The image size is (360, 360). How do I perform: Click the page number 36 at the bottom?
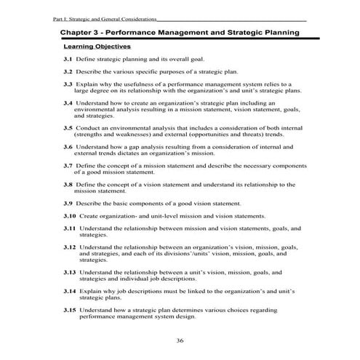(x=180, y=340)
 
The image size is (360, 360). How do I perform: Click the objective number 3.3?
(x=68, y=84)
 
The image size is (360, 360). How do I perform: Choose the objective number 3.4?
(x=68, y=104)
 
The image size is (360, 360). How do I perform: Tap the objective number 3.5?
(x=68, y=127)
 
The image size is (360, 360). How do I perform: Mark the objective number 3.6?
(x=68, y=147)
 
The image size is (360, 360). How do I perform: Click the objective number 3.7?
(x=68, y=167)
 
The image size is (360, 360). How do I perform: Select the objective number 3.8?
(x=68, y=185)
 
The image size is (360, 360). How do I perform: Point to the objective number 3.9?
(x=68, y=204)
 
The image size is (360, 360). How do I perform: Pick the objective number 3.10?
(x=70, y=216)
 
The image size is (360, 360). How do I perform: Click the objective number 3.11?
(x=70, y=228)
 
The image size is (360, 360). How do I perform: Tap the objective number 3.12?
(x=70, y=248)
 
